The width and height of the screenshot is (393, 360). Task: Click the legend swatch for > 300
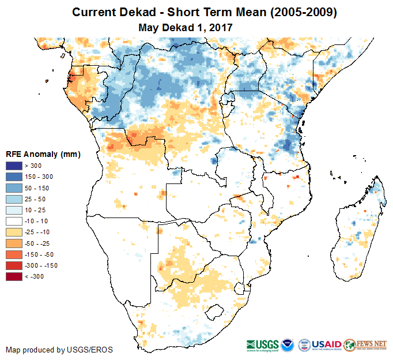tap(13, 166)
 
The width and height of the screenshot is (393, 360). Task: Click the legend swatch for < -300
tap(13, 277)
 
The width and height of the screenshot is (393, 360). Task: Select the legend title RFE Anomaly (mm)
tap(43, 155)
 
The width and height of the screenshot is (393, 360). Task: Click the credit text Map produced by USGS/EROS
tap(59, 350)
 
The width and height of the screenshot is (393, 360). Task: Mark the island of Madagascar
tap(357, 231)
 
